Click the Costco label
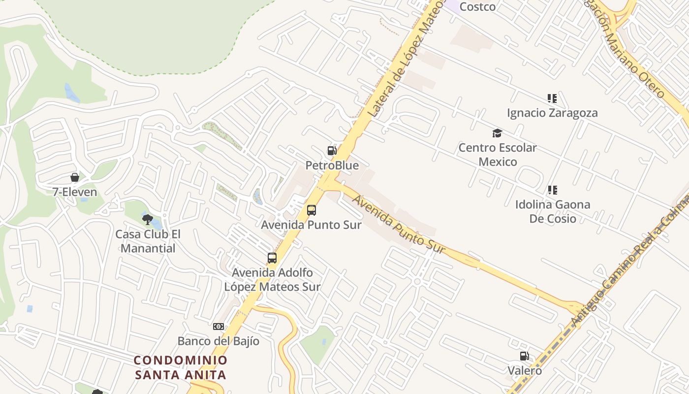point(477,7)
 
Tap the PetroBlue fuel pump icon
point(332,151)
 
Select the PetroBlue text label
point(332,165)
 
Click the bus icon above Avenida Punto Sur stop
point(312,210)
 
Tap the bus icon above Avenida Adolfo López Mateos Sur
point(272,258)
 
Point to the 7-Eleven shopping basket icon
point(75,177)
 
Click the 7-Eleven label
point(75,192)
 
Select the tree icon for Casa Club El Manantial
point(147,220)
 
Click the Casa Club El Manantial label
point(148,241)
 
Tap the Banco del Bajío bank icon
point(219,327)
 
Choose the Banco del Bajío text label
point(219,341)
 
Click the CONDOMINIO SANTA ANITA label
point(181,367)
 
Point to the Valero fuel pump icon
point(525,356)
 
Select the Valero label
point(525,370)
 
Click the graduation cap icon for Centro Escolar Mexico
point(497,133)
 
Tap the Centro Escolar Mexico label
point(498,155)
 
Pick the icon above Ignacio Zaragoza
point(552,98)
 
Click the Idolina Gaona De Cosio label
point(553,211)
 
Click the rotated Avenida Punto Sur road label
point(399,225)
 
